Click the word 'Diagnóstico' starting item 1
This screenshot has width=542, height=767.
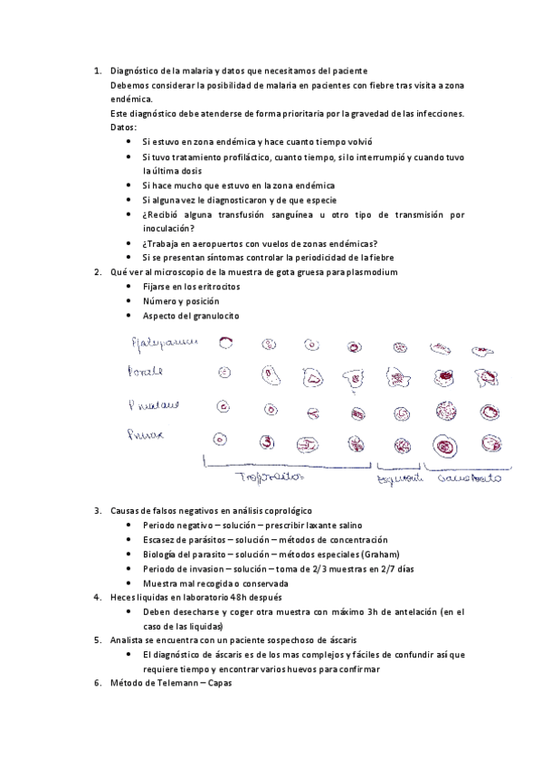pos(134,71)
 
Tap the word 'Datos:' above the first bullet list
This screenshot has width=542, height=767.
pos(124,128)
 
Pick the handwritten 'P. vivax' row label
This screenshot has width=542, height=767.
pos(150,439)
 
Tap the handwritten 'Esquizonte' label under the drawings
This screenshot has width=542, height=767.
pos(401,478)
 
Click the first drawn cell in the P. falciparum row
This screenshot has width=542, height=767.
pos(224,343)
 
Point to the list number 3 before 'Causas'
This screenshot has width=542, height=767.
pos(98,511)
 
